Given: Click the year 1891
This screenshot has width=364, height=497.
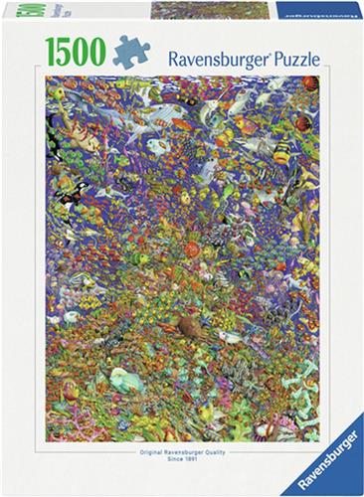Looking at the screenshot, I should click(x=195, y=463).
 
